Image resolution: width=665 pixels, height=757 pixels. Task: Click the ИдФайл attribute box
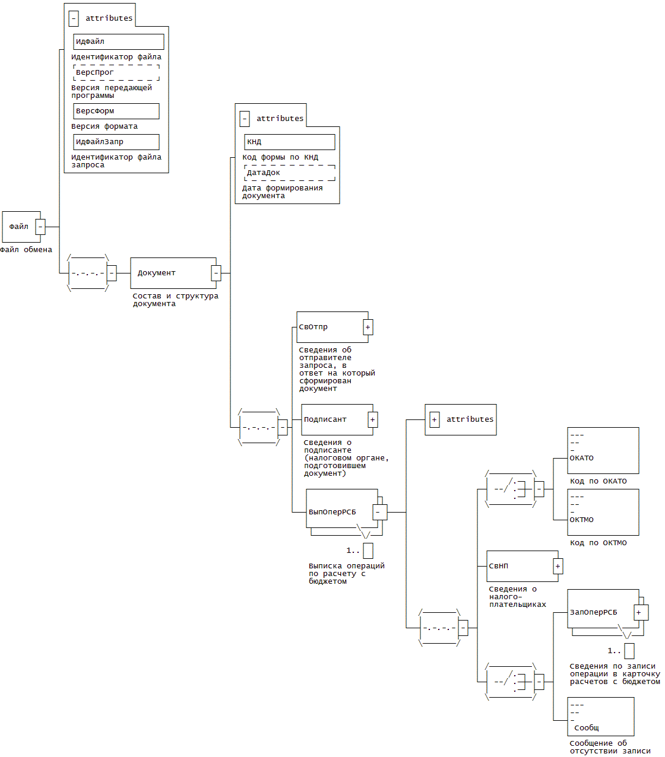pyautogui.click(x=118, y=42)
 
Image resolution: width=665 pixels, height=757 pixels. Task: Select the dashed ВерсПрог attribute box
pyautogui.click(x=116, y=72)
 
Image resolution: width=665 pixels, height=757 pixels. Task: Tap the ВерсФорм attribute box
pyautogui.click(x=116, y=111)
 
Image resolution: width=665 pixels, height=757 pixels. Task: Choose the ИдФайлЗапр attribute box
pyautogui.click(x=116, y=142)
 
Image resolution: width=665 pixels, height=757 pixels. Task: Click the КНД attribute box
pyautogui.click(x=289, y=142)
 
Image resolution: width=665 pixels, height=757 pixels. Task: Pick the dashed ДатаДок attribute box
pyautogui.click(x=289, y=173)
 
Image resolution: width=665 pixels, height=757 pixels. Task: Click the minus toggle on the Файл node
pyautogui.click(x=40, y=227)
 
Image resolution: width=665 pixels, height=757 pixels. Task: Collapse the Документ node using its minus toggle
pyautogui.click(x=216, y=273)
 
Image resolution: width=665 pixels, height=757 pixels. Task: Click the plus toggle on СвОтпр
pyautogui.click(x=368, y=327)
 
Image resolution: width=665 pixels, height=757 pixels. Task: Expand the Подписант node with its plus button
pyautogui.click(x=373, y=419)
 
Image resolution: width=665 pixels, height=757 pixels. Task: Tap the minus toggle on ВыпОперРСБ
pyautogui.click(x=378, y=512)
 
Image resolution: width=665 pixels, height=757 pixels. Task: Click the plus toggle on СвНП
pyautogui.click(x=558, y=567)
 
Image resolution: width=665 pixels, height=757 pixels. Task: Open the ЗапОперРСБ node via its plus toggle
pyautogui.click(x=639, y=612)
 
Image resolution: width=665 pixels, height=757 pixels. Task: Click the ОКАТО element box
pyautogui.click(x=603, y=450)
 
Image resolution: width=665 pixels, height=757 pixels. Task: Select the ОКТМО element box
pyautogui.click(x=603, y=512)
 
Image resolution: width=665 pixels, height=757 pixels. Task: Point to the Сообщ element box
pyautogui.click(x=600, y=717)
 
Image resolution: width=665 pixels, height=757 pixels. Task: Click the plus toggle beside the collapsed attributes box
pyautogui.click(x=435, y=419)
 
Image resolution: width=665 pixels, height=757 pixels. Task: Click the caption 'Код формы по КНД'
pyautogui.click(x=280, y=157)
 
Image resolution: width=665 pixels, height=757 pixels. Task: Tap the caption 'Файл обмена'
pyautogui.click(x=26, y=250)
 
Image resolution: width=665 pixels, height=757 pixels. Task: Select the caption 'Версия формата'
pyautogui.click(x=104, y=126)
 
